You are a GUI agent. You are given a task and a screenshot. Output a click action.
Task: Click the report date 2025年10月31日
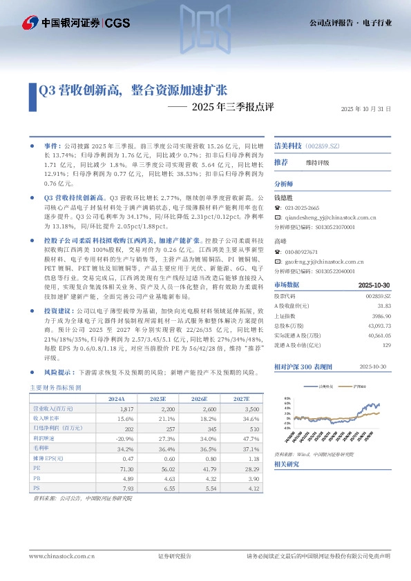pyautogui.click(x=366, y=109)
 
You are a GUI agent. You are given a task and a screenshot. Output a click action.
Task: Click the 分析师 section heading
pyautogui.click(x=284, y=184)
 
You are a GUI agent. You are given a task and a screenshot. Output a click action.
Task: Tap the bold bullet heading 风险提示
pyautogui.click(x=58, y=371)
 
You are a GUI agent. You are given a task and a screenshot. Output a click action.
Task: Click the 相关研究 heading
pyautogui.click(x=287, y=464)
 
